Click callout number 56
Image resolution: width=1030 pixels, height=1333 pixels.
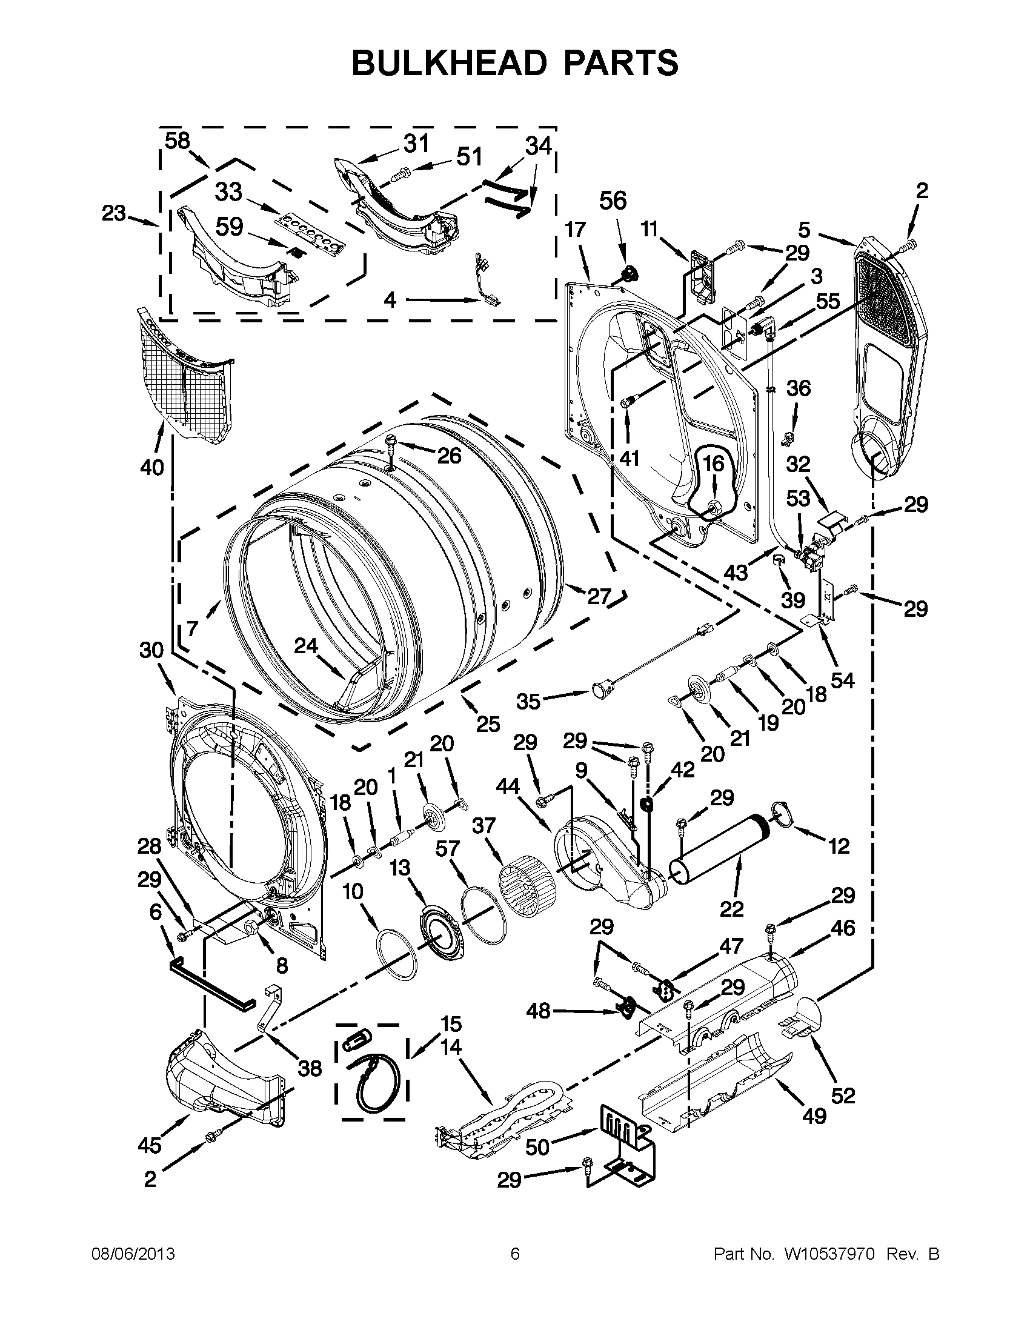613,201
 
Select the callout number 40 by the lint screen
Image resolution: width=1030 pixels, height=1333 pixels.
152,468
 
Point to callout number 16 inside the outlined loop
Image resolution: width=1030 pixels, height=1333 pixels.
713,465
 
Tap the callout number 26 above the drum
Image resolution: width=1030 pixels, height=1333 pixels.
450,455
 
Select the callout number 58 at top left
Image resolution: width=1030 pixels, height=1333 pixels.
178,141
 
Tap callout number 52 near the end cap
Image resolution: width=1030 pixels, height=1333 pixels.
843,1095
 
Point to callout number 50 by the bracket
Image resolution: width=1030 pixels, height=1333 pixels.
537,1147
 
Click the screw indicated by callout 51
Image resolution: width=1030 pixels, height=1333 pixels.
399,175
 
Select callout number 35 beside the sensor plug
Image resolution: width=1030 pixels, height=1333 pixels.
528,701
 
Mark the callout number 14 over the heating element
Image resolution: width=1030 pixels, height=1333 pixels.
451,1048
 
